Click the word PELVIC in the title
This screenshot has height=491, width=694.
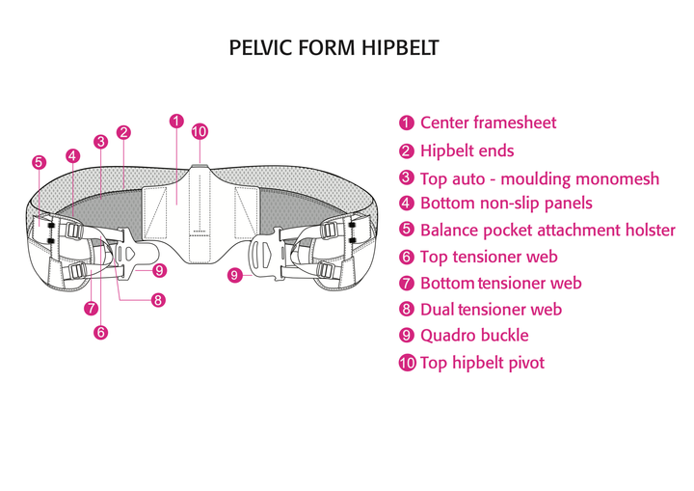point(259,47)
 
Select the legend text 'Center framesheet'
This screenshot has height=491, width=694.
point(488,123)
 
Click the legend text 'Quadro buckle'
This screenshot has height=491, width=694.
point(474,336)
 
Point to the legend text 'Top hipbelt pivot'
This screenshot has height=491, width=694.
point(482,363)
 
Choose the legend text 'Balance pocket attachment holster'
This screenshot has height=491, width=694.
point(547,231)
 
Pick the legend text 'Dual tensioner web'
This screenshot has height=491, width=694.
point(491,310)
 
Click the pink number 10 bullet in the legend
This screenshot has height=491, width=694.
point(407,364)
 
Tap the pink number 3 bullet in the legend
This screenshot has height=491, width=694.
point(407,178)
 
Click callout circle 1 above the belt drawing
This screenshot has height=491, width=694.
point(176,122)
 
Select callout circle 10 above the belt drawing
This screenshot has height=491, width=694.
point(200,132)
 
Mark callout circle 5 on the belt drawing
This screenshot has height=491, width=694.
point(39,162)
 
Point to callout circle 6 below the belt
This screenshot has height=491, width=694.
point(101,333)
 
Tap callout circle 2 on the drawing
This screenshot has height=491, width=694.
point(123,132)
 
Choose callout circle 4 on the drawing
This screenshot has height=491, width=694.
point(73,155)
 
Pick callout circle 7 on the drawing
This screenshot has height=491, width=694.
point(91,309)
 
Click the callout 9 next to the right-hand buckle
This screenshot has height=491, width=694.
point(234,275)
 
